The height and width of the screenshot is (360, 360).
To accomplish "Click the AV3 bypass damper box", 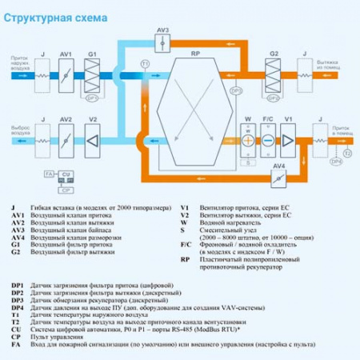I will point(162,41).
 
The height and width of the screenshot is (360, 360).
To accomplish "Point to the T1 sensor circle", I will point(145,62).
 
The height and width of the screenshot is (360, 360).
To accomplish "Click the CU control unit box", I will point(66,174).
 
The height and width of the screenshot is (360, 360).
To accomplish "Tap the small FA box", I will point(49,174).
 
